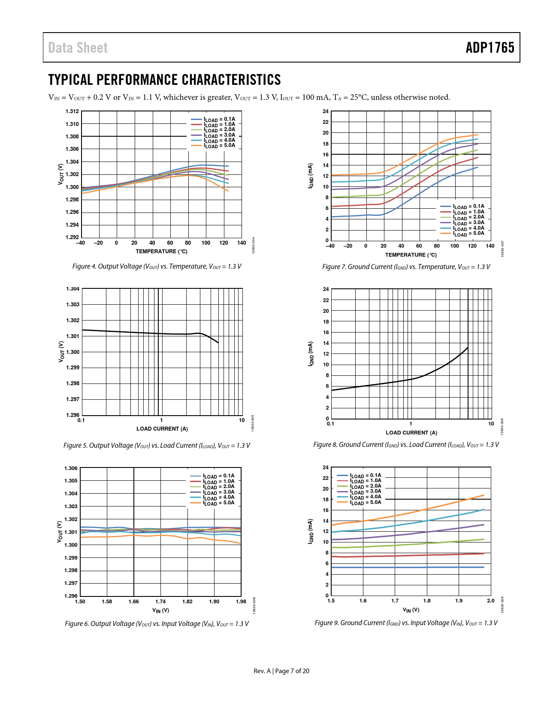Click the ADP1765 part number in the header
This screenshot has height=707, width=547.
490,48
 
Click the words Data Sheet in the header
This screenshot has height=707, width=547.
78,48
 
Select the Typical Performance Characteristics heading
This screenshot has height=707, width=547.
164,80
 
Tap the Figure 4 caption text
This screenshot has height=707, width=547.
157,267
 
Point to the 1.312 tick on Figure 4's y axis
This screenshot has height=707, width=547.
72,111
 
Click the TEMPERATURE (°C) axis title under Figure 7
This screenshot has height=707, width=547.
411,255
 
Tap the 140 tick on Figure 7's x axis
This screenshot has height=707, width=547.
490,246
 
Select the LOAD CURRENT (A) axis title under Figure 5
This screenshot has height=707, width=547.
162,429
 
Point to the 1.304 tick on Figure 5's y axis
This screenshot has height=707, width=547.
73,289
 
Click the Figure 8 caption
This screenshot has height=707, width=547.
406,445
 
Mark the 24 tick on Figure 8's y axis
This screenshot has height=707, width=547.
326,289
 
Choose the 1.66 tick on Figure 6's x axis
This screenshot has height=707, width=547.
134,602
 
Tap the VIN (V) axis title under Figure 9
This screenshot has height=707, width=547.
411,610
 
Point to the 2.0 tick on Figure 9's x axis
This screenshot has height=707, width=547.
491,601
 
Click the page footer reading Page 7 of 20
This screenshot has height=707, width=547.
292,671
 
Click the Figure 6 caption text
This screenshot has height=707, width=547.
157,624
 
